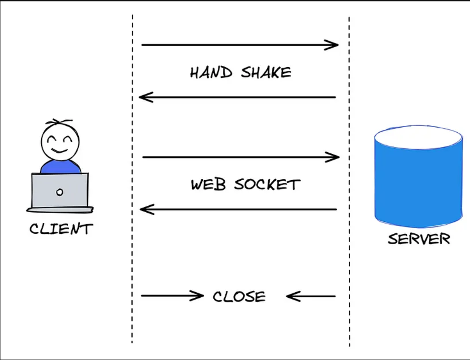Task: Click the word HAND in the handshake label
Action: (211, 72)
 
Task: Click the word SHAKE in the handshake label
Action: (266, 72)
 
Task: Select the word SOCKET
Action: (267, 184)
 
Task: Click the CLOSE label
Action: (239, 297)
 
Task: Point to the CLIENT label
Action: (61, 228)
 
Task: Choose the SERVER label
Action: (419, 239)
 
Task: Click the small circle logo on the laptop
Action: (59, 192)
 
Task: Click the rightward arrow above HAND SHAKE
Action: (239, 45)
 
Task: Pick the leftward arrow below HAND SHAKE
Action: (238, 97)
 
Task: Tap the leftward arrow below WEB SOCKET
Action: (238, 210)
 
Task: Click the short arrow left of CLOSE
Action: (172, 296)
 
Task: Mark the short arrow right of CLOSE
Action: (311, 296)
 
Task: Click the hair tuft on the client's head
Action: (59, 123)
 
